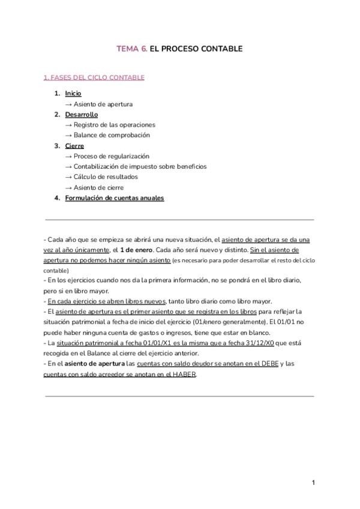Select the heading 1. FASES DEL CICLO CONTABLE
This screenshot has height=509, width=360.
[94, 77]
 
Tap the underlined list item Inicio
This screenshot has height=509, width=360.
[73, 94]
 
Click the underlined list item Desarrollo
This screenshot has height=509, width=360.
[81, 114]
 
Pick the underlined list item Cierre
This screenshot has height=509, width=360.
[74, 146]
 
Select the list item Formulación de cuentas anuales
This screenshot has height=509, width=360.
[114, 197]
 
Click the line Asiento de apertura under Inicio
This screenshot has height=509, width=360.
[99, 104]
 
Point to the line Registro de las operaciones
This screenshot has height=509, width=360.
[110, 125]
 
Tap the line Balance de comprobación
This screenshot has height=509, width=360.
[107, 135]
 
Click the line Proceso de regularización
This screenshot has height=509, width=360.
[107, 156]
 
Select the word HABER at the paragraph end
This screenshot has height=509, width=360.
[182, 374]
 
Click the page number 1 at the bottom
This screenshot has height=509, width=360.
[313, 482]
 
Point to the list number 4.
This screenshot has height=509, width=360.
[57, 197]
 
